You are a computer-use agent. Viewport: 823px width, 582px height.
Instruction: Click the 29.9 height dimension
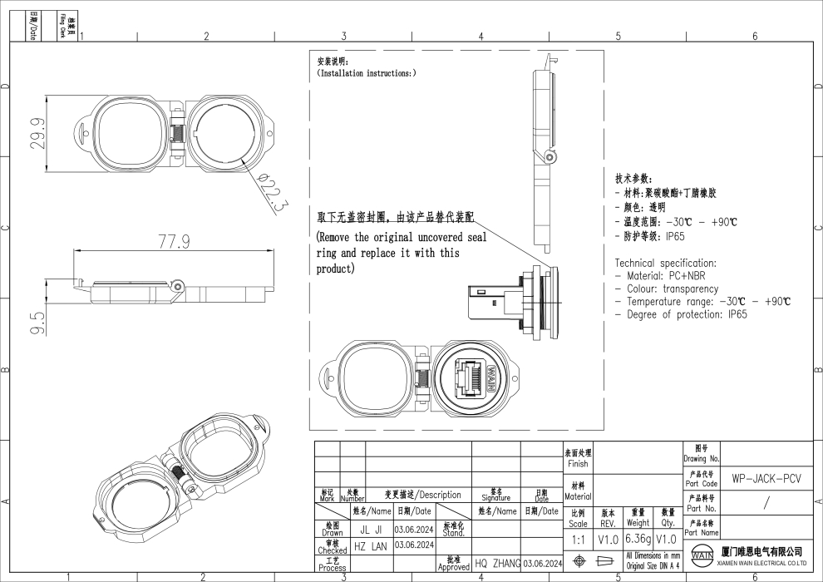(38, 132)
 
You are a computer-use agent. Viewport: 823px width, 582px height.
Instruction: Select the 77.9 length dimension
(175, 241)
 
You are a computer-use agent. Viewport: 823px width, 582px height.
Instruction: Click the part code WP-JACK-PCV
(766, 480)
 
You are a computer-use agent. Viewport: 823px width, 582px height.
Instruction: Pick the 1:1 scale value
(579, 540)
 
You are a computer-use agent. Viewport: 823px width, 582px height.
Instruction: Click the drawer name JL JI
(371, 529)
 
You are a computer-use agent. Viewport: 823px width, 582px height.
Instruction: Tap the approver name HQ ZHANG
(497, 564)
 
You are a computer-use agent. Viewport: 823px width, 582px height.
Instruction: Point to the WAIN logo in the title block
(702, 555)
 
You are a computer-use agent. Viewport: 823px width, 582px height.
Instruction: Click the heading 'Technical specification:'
(665, 263)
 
